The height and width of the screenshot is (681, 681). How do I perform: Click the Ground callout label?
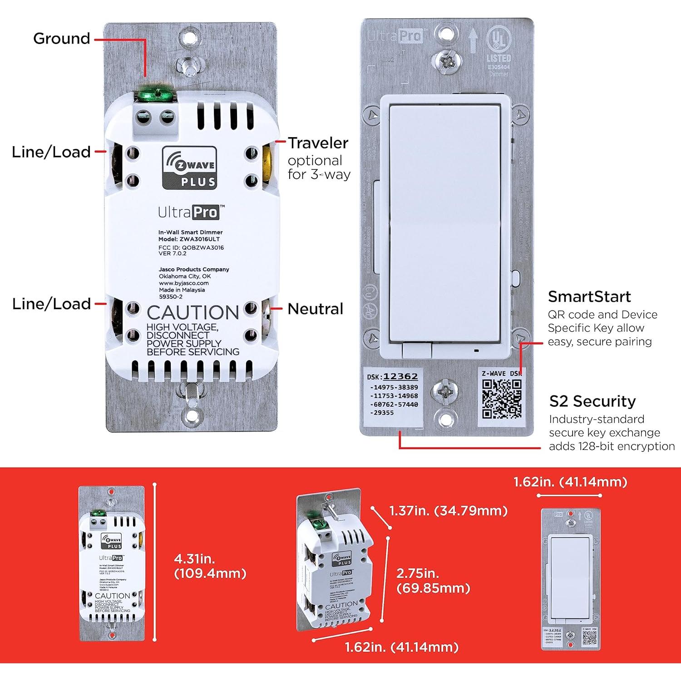62,39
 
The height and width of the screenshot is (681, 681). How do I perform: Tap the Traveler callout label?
318,143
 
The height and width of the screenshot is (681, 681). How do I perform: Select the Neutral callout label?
315,309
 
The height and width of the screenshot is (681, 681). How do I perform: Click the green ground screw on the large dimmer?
155,95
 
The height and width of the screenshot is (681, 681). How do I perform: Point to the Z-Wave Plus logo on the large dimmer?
189,168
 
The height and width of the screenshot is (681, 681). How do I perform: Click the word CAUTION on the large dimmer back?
192,313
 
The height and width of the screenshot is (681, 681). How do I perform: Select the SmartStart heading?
589,296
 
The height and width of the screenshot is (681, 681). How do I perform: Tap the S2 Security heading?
592,401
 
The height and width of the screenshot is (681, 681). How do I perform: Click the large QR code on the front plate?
502,399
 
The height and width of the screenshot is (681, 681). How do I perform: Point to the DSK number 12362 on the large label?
400,376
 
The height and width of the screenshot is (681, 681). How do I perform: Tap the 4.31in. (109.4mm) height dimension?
210,566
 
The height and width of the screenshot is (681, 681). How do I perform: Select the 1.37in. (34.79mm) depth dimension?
448,511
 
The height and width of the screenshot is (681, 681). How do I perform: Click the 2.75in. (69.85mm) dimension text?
433,581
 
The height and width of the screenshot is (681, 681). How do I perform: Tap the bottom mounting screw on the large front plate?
444,390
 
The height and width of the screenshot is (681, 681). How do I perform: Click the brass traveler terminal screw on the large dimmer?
268,166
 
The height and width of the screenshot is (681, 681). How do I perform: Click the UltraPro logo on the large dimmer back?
191,212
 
